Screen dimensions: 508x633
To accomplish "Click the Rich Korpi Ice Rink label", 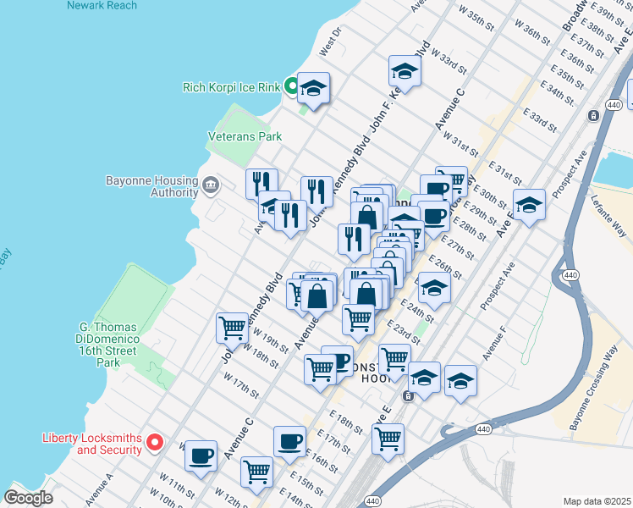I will pos(231,86).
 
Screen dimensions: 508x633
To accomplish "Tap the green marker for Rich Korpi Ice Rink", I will pos(290,86).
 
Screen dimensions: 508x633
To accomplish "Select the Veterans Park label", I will pos(245,135).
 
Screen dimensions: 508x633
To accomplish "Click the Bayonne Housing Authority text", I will pos(151,185).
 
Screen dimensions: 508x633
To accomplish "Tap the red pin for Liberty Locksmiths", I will pos(155,442).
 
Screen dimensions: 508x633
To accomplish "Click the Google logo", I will pos(28,498).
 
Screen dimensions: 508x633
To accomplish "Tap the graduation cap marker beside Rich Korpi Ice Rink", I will pos(313,90).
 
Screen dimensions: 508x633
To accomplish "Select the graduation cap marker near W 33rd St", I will pos(405,72).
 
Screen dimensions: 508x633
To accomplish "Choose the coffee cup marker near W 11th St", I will pos(201,456).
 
